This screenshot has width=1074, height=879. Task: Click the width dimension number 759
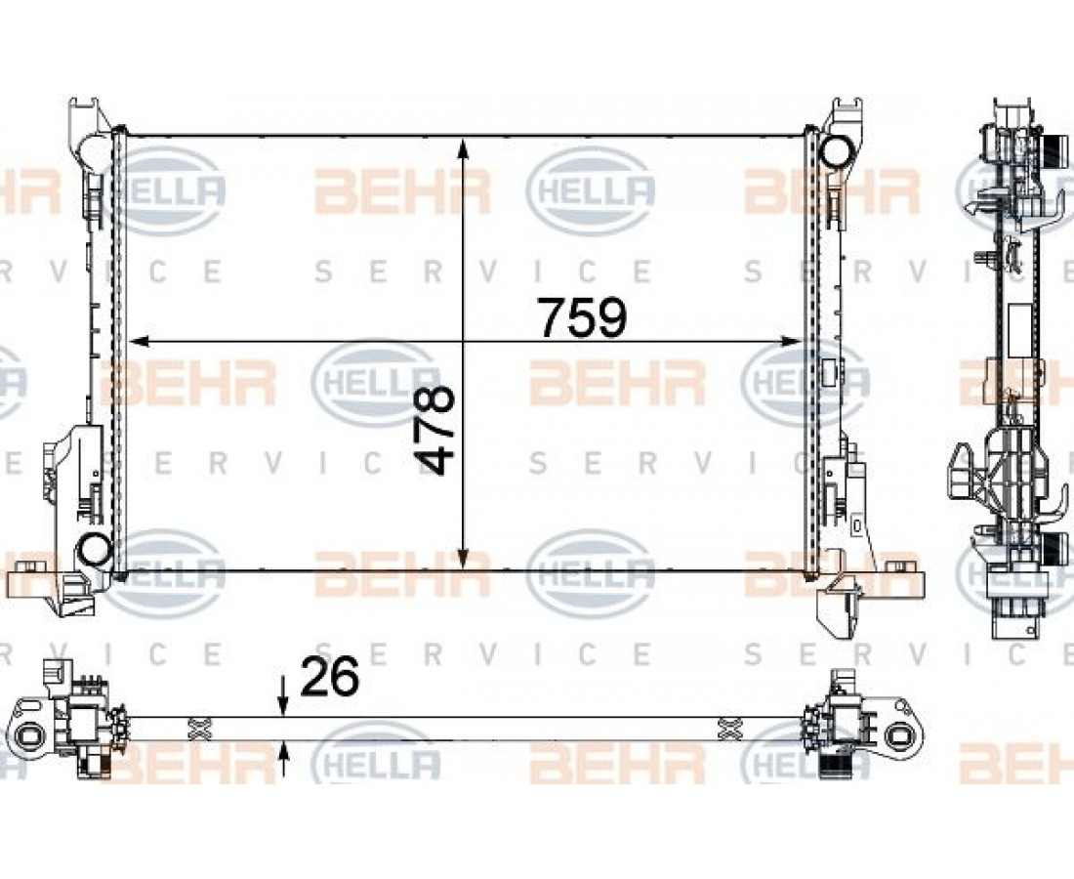(582, 317)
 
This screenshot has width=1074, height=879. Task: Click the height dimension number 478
(435, 430)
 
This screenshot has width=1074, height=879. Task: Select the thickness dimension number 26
(329, 676)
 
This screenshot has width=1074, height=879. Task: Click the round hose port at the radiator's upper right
(834, 151)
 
